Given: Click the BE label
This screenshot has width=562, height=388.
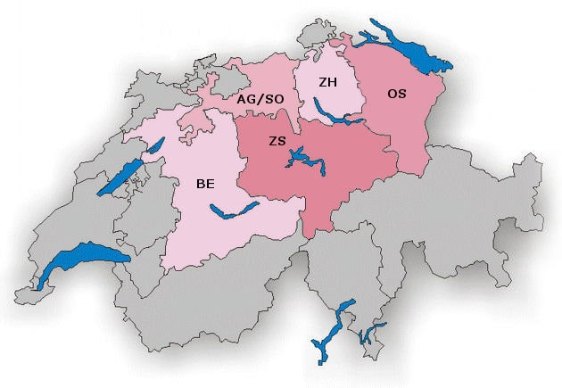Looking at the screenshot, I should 205,185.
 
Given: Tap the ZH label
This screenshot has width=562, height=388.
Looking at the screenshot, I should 327,82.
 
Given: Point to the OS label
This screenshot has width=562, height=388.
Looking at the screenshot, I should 397,93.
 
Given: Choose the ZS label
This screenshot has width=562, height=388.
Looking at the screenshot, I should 277,141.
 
